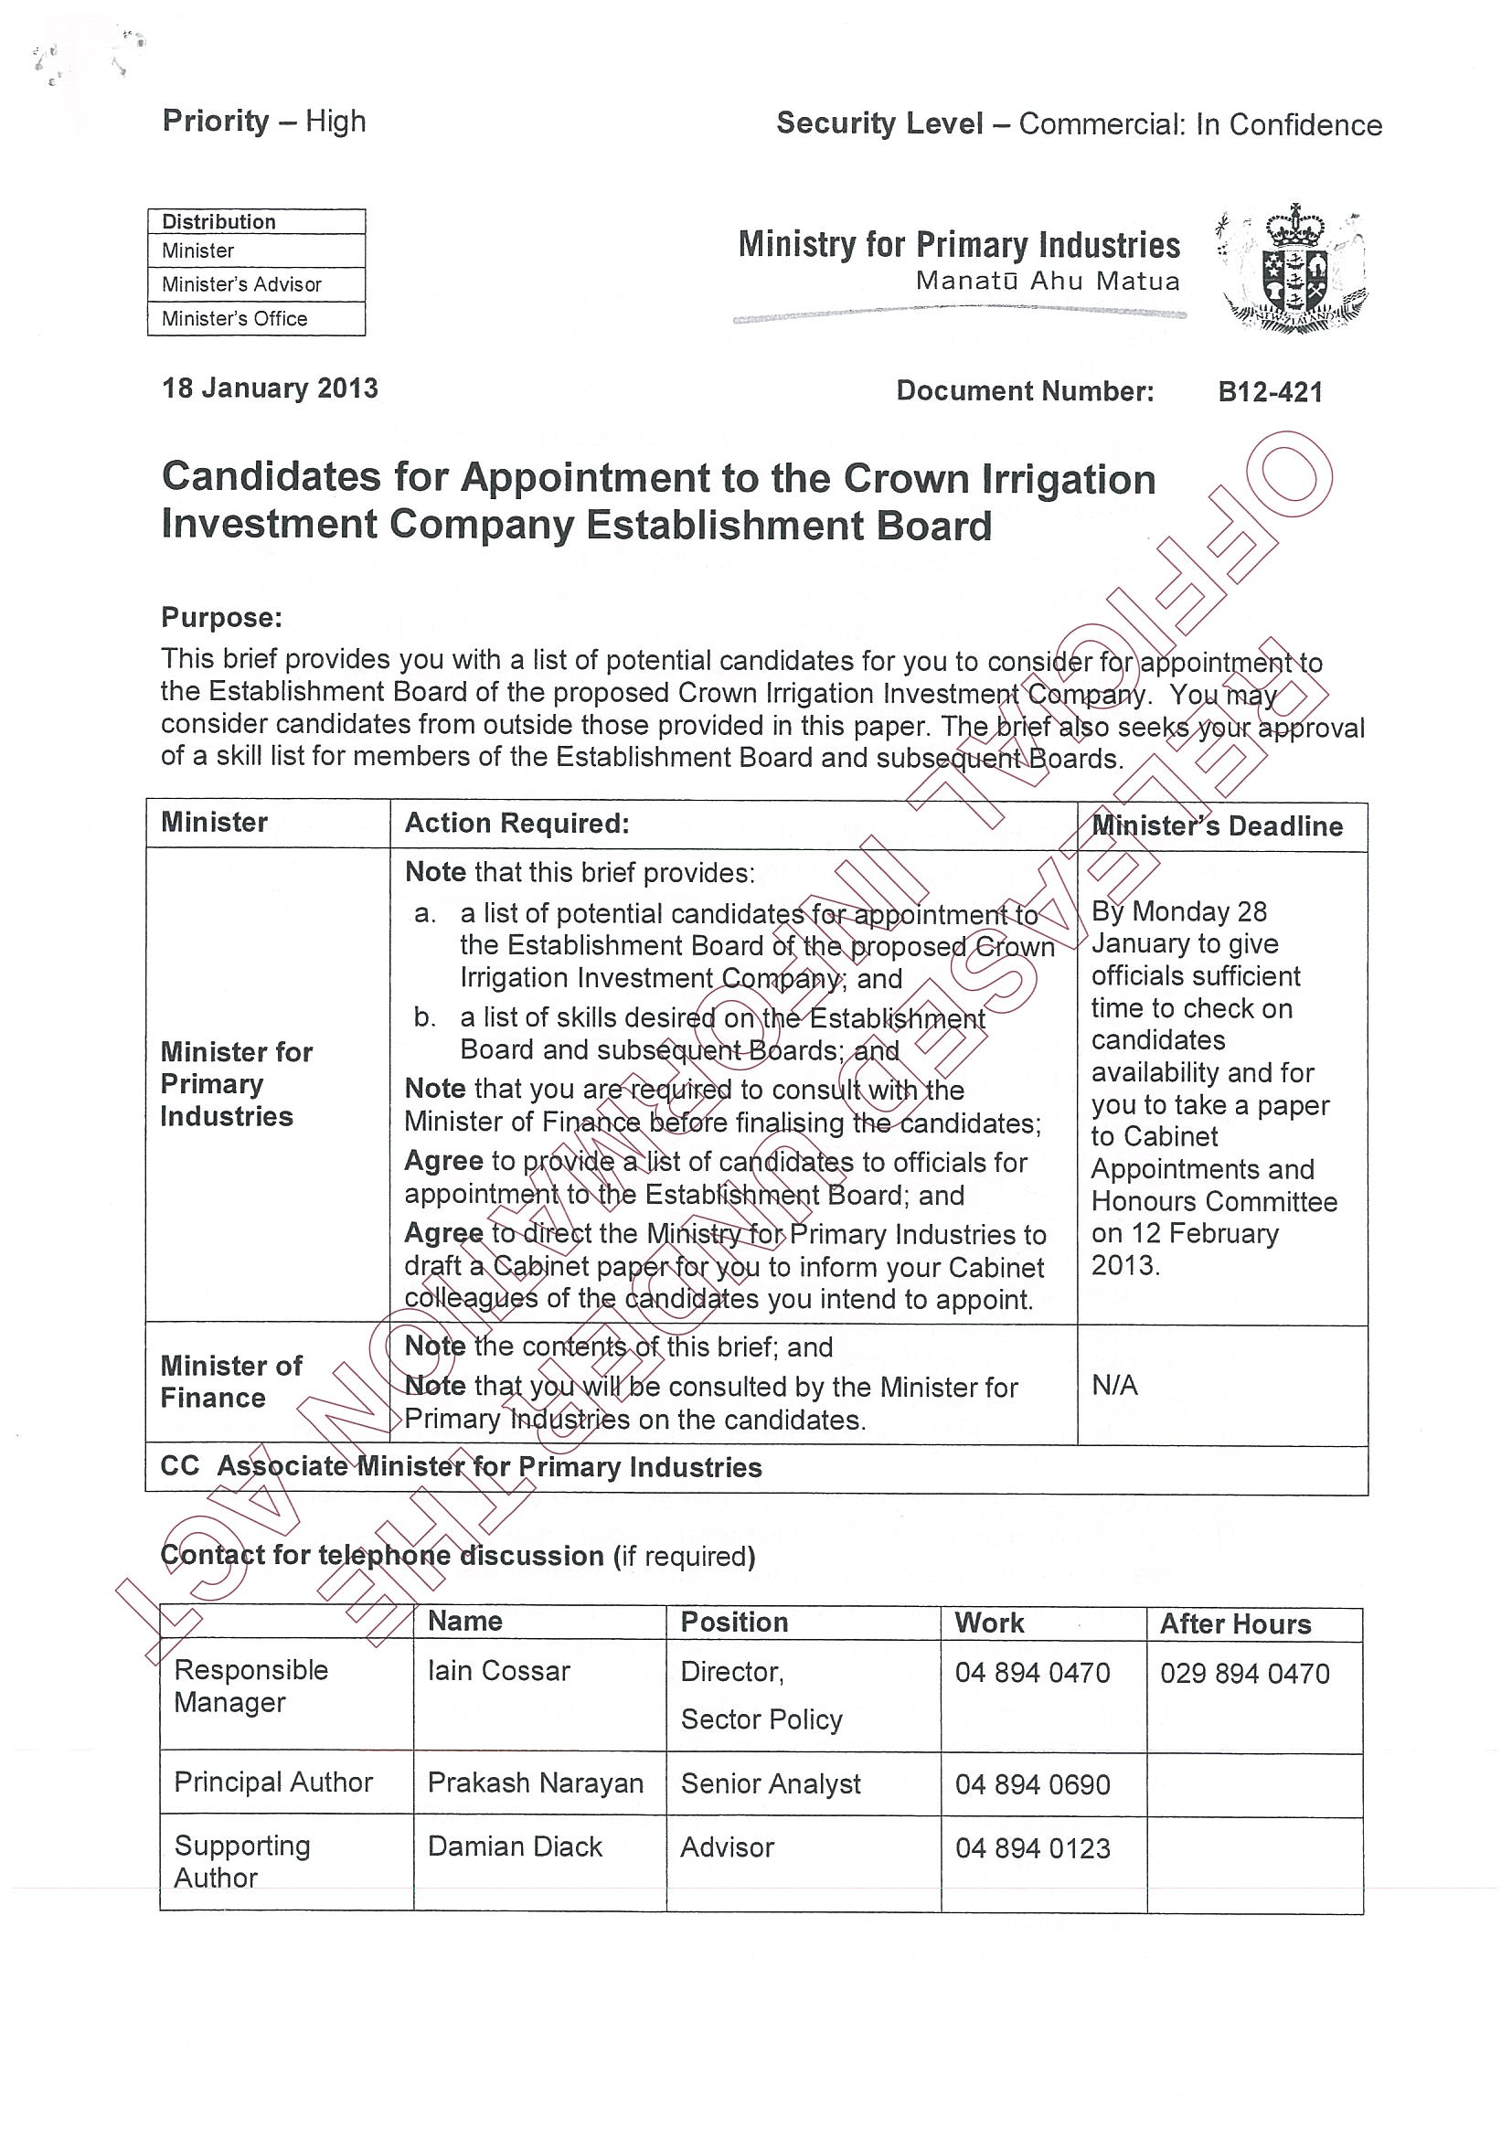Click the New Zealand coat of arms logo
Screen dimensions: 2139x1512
point(1294,270)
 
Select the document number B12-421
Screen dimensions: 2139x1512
point(1270,392)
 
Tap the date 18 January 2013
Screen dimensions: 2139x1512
point(271,388)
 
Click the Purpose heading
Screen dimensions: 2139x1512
point(222,618)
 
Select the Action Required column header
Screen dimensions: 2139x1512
point(517,824)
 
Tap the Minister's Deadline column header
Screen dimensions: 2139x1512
point(1217,826)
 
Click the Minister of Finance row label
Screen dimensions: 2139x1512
point(231,1381)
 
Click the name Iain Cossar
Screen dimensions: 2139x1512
point(498,1671)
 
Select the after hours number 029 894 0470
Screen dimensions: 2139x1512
point(1245,1673)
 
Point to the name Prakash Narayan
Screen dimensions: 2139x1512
point(536,1783)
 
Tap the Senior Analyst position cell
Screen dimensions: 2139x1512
point(771,1784)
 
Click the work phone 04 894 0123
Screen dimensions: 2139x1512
point(1032,1848)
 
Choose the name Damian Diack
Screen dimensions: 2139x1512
point(516,1847)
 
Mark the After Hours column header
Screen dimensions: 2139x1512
point(1235,1624)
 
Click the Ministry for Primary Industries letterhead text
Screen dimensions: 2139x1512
point(959,245)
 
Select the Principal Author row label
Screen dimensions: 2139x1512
point(273,1782)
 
